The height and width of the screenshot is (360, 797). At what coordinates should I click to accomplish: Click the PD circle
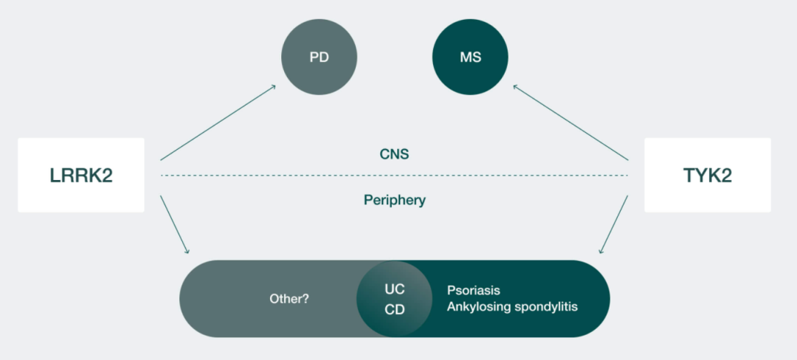[x=320, y=57]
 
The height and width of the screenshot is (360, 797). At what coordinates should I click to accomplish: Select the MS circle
[x=470, y=57]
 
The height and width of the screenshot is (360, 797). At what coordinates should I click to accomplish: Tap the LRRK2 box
[x=81, y=175]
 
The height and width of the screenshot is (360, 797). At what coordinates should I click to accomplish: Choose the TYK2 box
[x=707, y=175]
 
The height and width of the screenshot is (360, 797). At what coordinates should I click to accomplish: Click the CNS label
[x=394, y=154]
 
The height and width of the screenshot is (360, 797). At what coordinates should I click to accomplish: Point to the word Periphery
[x=394, y=200]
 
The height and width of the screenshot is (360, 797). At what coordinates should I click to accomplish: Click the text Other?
[x=289, y=300]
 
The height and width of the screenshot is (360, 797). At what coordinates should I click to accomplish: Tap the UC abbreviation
[x=395, y=288]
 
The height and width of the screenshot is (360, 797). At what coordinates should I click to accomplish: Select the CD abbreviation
[x=395, y=310]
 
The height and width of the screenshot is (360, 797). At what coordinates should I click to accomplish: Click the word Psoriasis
[x=474, y=290]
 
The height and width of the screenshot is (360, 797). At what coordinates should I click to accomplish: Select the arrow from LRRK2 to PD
[x=218, y=122]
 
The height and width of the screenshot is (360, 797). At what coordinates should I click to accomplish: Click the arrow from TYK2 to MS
[x=570, y=122]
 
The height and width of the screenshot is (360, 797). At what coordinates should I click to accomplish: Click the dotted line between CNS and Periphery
[x=394, y=176]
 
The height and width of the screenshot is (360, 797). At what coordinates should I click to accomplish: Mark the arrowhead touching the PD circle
[x=273, y=87]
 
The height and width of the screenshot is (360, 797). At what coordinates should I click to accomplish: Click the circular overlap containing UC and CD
[x=395, y=298]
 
